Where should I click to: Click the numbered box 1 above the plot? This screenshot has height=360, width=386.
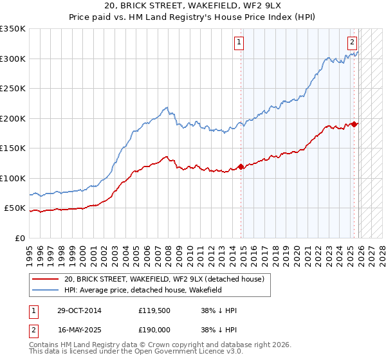tap(239, 43)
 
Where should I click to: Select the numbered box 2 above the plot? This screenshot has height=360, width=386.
tap(353, 43)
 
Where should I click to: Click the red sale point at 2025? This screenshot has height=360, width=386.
tap(354, 124)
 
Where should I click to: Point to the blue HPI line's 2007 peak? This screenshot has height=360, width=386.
tap(167, 107)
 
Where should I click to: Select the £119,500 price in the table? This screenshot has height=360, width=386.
tap(152, 310)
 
